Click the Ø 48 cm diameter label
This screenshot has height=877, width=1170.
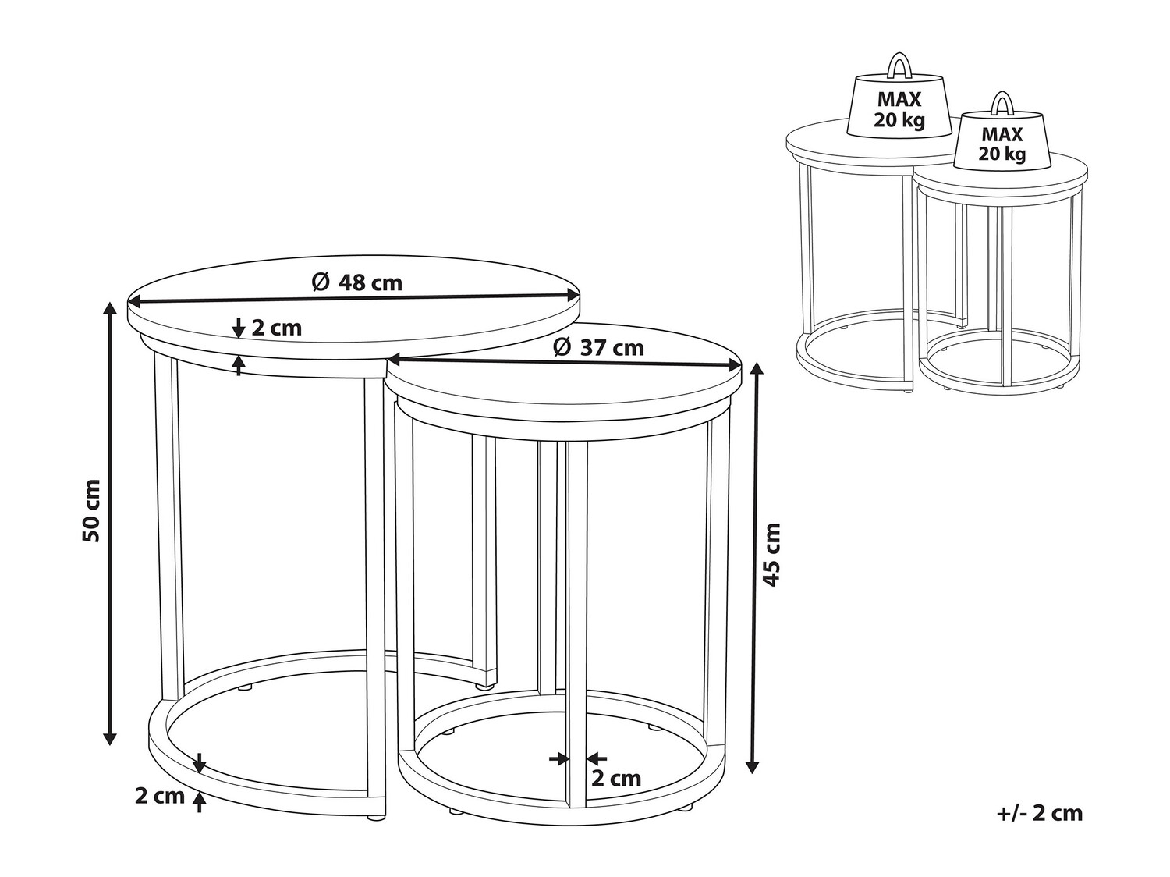pos(356,282)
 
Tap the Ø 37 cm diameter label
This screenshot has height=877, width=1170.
pos(598,348)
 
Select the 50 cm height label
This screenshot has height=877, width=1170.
pos(91,511)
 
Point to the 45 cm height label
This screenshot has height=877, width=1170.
pos(772,555)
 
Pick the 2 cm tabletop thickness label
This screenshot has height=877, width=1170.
pos(276,328)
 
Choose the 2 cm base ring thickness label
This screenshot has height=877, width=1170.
pos(160,796)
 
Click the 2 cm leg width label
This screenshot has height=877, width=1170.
pos(616,779)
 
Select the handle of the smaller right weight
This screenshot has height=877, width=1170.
pos(1002,104)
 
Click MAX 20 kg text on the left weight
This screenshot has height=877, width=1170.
pos(899,110)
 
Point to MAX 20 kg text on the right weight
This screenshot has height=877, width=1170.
pos(1002,144)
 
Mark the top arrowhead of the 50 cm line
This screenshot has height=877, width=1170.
pos(110,309)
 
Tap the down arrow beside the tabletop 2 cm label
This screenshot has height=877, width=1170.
pos(239,328)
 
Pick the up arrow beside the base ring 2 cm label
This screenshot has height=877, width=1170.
pos(200,801)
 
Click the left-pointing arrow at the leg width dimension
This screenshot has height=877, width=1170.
pos(597,758)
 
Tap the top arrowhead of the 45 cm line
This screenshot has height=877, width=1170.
pos(752,371)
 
